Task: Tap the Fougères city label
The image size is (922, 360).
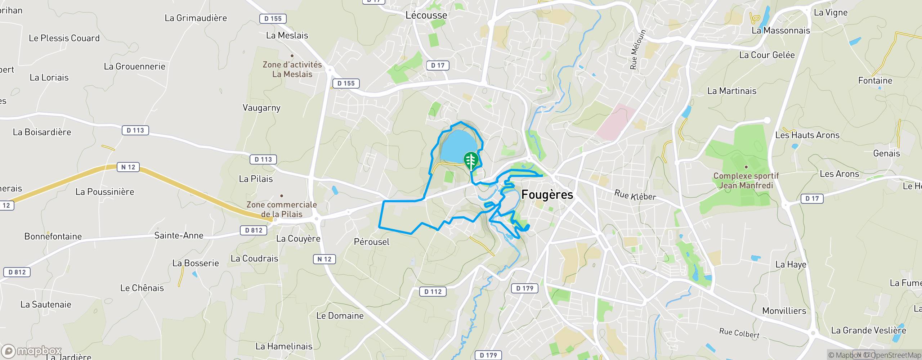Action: click(547, 195)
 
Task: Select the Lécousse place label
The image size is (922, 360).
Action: click(426, 15)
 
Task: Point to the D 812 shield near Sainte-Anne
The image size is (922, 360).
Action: click(254, 230)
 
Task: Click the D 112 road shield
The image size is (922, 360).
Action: click(433, 291)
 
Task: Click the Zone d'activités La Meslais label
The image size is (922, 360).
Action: click(292, 69)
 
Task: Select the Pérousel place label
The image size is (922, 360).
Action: click(372, 242)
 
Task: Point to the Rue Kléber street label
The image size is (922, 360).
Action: click(635, 195)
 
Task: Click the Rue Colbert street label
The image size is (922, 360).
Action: click(739, 333)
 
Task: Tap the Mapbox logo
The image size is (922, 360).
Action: click(31, 351)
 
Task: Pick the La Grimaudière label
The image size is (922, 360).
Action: click(196, 18)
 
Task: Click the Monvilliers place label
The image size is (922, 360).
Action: click(784, 311)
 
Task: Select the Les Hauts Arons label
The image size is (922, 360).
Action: click(807, 135)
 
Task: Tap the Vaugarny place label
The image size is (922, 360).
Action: click(261, 108)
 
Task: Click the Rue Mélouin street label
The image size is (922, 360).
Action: click(638, 49)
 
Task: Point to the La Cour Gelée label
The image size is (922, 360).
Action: click(766, 55)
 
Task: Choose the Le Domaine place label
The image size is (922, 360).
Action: click(340, 316)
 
